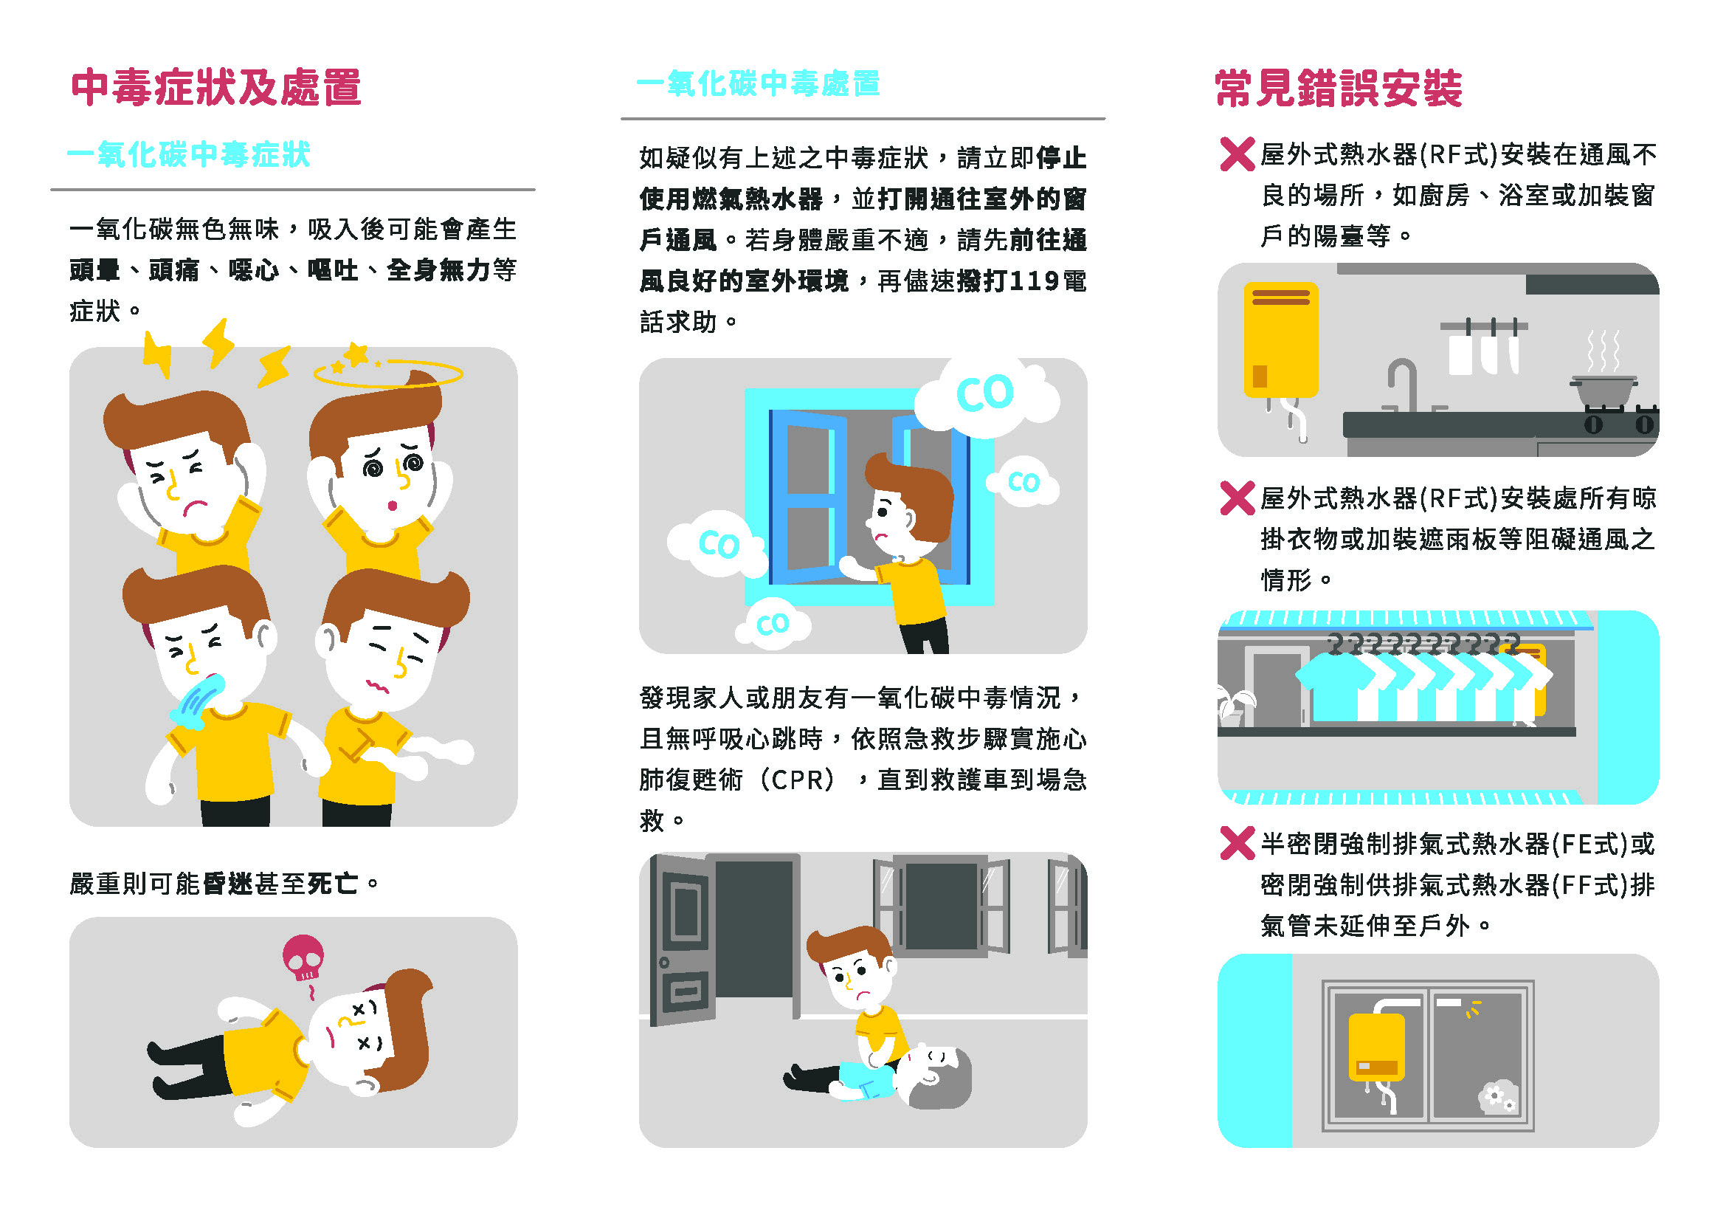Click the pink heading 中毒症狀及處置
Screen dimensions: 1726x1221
tap(215, 88)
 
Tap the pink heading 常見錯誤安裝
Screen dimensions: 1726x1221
tap(1339, 89)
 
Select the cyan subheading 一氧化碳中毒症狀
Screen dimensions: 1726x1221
tap(189, 154)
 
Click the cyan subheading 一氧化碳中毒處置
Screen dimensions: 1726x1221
tap(758, 83)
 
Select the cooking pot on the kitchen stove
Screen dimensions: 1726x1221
tap(1603, 391)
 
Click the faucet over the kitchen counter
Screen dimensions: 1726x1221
tap(1402, 384)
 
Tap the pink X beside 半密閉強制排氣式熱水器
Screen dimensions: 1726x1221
tap(1237, 843)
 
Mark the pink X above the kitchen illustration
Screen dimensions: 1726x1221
tap(1237, 154)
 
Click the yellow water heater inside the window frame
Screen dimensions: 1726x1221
tap(1376, 1047)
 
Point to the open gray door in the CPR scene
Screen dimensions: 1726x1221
tap(682, 940)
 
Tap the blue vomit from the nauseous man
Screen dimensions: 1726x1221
tap(197, 701)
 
